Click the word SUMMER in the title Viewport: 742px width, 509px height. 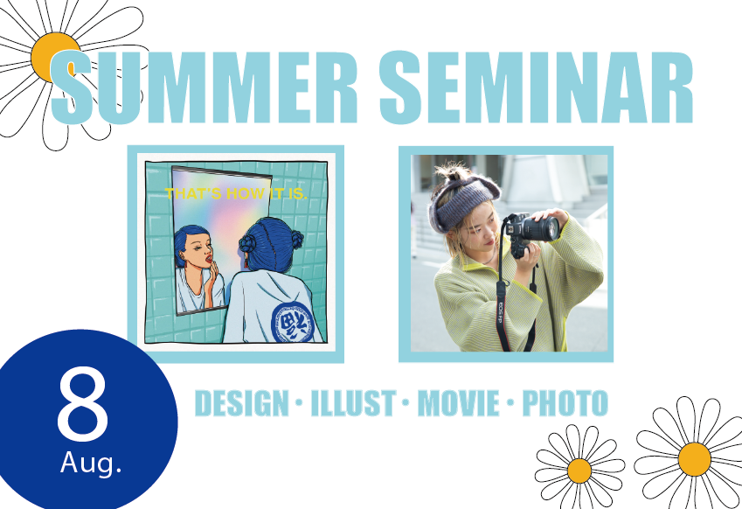204,87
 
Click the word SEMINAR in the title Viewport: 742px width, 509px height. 536,87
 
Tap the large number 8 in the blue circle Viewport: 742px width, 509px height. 83,405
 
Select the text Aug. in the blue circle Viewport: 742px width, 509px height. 91,463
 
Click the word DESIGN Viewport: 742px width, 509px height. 242,403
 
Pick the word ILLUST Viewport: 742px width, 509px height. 353,403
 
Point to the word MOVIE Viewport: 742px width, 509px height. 458,403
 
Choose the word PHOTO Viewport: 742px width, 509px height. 565,403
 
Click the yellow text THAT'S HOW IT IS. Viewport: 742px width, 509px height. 236,193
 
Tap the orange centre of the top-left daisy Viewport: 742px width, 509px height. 53,58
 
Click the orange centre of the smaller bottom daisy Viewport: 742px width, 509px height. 579,471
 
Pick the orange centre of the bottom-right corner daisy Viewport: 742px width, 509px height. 694,459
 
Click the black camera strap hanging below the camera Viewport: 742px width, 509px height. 503,303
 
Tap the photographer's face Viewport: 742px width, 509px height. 479,234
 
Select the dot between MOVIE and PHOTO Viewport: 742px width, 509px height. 510,403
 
